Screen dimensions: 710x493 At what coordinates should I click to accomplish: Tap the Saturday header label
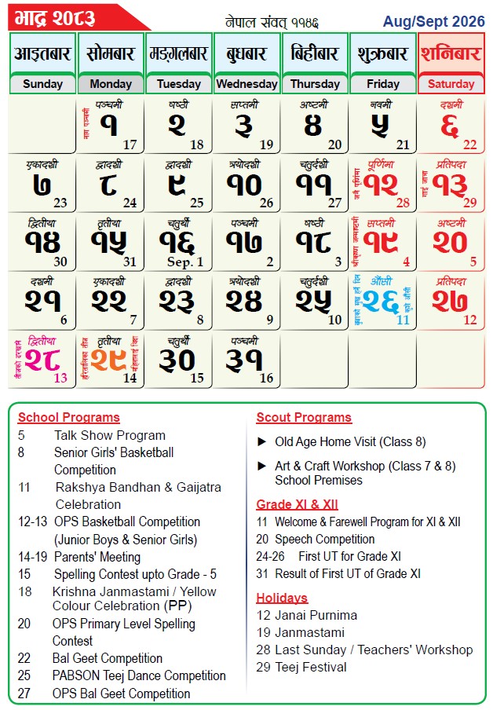pos(451,84)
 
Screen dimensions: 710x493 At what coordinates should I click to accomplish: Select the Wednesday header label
pos(246,84)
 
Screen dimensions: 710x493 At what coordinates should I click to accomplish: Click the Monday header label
pos(111,84)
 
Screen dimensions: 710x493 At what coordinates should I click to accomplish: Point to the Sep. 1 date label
pos(185,262)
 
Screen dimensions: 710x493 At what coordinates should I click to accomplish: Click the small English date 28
pos(404,203)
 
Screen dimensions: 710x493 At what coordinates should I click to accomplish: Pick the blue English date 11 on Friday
pos(403,320)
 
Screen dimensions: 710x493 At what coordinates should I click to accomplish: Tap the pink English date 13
pos(60,378)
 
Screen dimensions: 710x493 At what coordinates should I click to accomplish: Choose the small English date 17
pos(130,145)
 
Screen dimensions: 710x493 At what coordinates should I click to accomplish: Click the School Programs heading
pos(68,417)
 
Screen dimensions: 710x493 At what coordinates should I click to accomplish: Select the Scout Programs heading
pos(304,417)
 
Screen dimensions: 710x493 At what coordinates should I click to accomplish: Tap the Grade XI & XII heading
pos(297,504)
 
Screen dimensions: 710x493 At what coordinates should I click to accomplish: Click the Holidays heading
pos(282,598)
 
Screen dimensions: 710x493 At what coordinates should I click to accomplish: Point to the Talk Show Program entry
pos(109,435)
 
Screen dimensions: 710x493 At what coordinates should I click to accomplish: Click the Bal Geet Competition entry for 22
pos(107,658)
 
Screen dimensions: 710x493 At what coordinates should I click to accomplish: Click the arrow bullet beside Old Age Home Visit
pos(262,442)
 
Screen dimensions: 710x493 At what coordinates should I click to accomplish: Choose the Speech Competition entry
pos(324,539)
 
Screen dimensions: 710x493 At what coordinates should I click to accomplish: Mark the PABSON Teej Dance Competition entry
pos(139,675)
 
